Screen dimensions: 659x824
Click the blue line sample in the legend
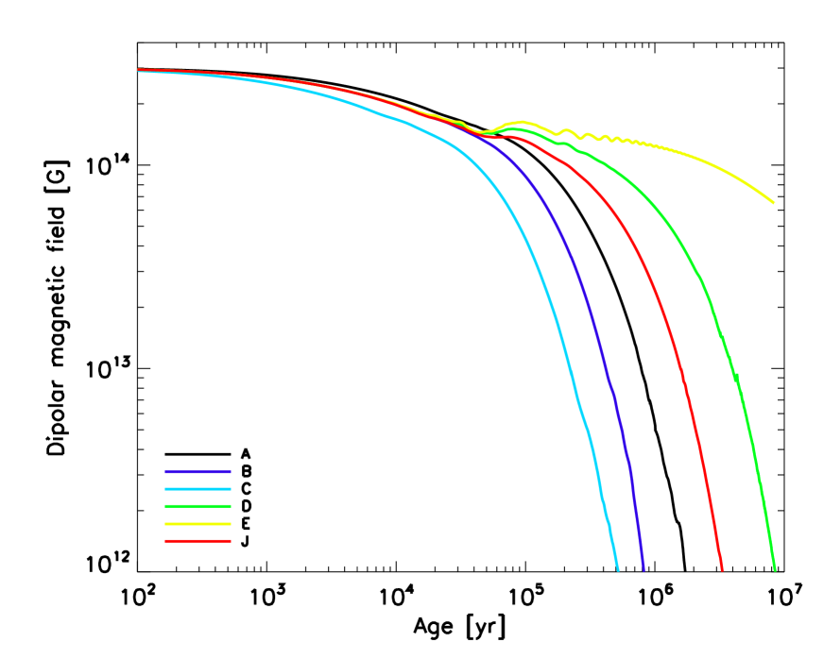tap(197, 471)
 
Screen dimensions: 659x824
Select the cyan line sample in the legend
tap(197, 489)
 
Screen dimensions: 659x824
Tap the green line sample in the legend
tap(197, 506)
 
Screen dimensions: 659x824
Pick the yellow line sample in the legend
tap(197, 524)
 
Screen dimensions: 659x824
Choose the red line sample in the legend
tap(197, 541)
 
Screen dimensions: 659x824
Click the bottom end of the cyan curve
tap(617, 568)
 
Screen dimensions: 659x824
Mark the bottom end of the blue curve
tap(644, 568)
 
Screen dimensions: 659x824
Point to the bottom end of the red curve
tap(722, 568)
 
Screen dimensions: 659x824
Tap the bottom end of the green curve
tap(775, 568)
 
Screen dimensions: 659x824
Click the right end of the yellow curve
tap(773, 202)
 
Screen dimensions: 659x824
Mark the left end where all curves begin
tap(139, 70)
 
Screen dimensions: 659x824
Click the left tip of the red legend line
tap(166, 541)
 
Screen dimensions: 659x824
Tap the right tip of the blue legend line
tap(230, 471)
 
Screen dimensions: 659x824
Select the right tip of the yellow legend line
tap(230, 524)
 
